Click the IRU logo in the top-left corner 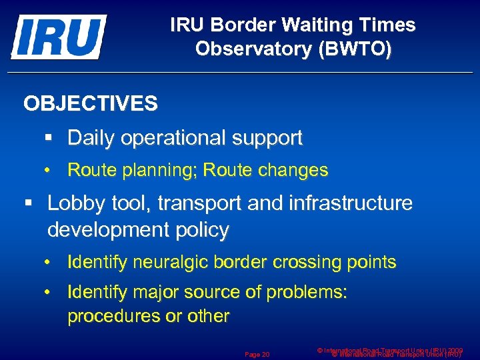click(x=59, y=37)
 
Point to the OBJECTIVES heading click(x=91, y=103)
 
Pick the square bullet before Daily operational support click(x=48, y=138)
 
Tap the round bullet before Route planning click(x=48, y=171)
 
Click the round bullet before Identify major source click(x=48, y=292)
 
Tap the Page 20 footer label click(x=257, y=354)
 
